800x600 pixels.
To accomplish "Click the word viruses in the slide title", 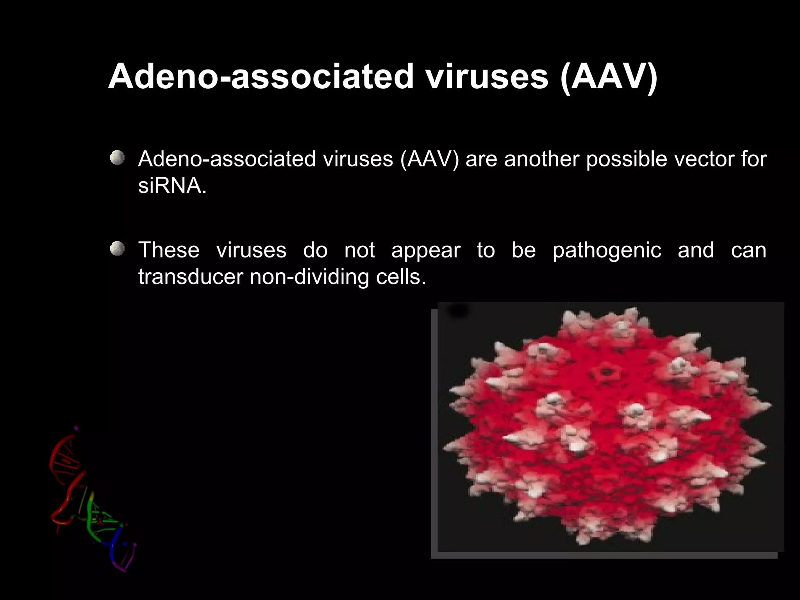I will coord(487,77).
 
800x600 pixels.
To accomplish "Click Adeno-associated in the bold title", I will coord(261,77).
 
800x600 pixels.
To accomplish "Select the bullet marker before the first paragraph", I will coord(117,158).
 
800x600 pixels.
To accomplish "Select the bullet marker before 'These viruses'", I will coord(117,249).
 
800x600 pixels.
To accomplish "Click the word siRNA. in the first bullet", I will coord(172,186).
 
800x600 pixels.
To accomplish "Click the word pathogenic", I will coord(607,251).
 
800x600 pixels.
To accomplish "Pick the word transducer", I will coord(191,277).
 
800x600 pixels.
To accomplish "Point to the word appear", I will coord(426,251).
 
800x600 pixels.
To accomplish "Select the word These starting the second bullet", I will coord(169,250).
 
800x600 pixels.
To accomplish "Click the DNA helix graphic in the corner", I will coord(90,500).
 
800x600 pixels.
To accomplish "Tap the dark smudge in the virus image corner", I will coord(458,311).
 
